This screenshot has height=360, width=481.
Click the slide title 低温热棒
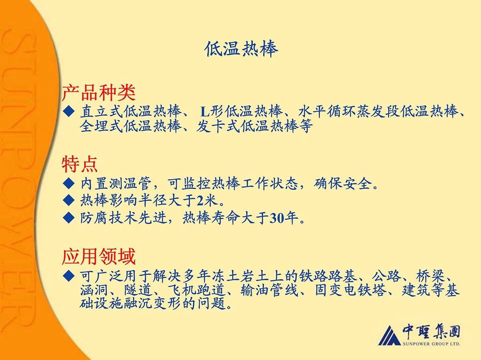[x=241, y=49]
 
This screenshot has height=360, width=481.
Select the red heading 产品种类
[x=99, y=93]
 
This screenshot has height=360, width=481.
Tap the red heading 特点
[x=79, y=164]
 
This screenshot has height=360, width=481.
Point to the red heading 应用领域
[x=99, y=257]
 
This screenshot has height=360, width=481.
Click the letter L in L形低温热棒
[x=205, y=112]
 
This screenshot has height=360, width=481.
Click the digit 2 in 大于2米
[x=200, y=201]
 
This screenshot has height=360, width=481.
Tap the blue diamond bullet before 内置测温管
[x=69, y=183]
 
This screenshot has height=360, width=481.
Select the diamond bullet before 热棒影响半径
[x=69, y=200]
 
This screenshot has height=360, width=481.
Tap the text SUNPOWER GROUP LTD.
[x=431, y=344]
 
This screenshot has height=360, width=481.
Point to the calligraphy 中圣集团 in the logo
[x=431, y=332]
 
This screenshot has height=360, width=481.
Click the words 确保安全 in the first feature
[x=343, y=184]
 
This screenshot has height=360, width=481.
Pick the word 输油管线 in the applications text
[x=269, y=291]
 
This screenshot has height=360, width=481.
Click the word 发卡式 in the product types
[x=218, y=127]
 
